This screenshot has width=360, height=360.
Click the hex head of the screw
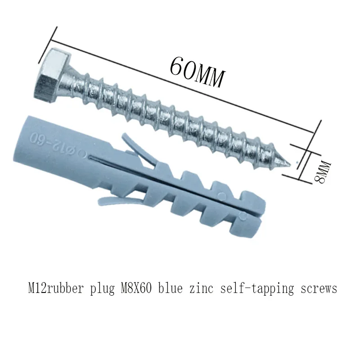click(51, 75)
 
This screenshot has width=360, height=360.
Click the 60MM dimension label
click(197, 72)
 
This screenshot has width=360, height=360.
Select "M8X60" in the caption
click(137, 288)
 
